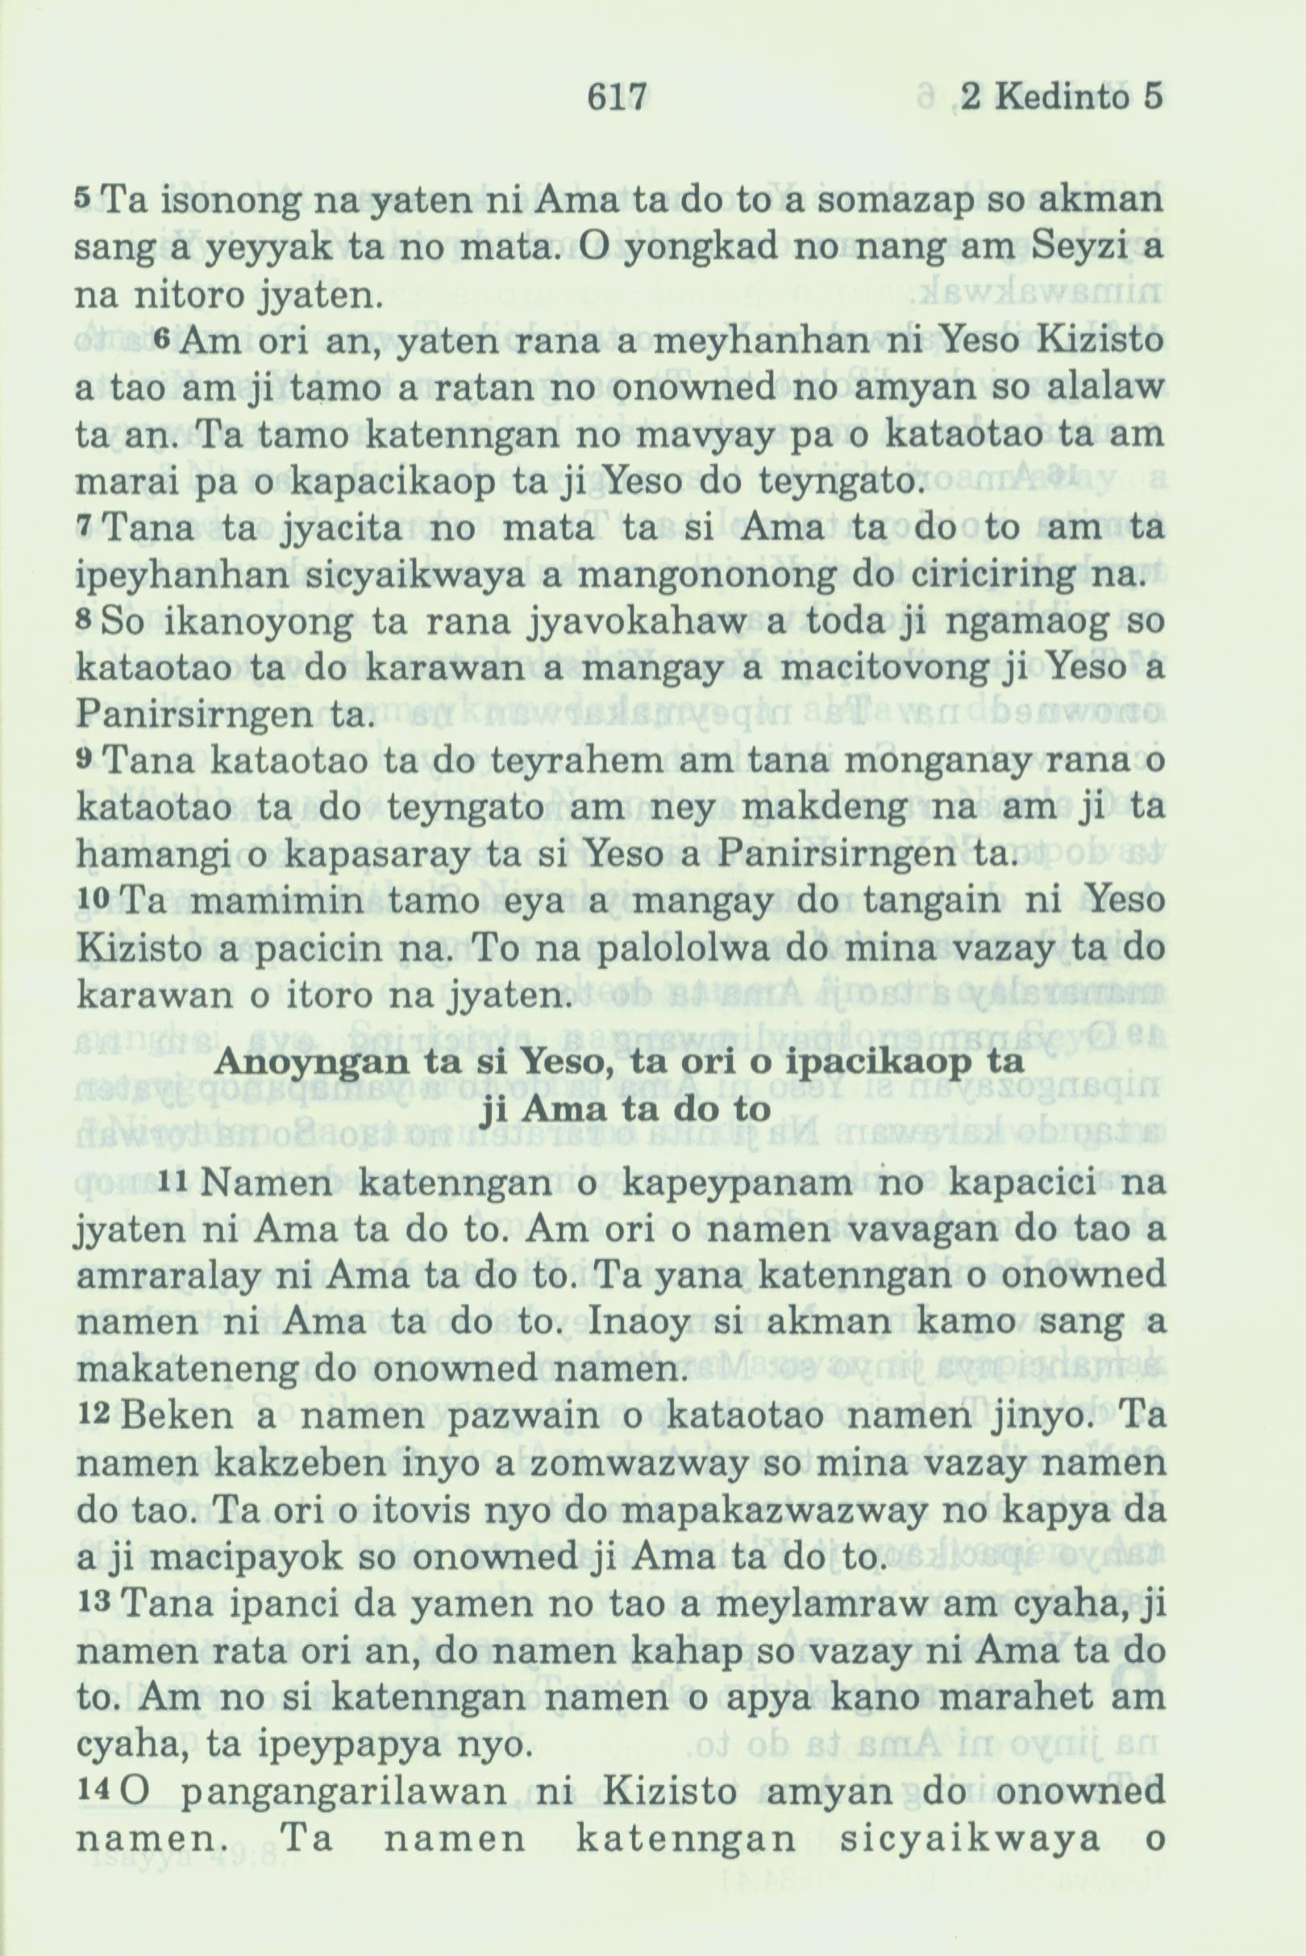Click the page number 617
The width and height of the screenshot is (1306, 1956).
617,98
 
